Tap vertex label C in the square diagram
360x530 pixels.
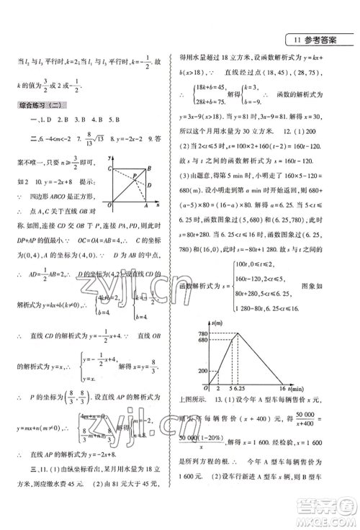(x=109, y=168)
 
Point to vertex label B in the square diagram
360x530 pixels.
(x=148, y=168)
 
